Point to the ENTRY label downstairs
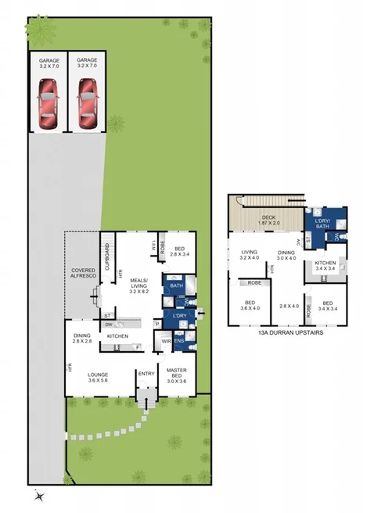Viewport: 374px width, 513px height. point(146,374)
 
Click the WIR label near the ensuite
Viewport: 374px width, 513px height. point(166,342)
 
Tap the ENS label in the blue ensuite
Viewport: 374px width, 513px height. point(179,342)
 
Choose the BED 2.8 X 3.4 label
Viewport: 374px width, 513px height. point(181,252)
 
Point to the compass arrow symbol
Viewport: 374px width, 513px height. point(39,494)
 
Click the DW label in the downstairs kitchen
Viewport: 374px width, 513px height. point(107,324)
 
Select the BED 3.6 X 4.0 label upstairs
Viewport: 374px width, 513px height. point(250,305)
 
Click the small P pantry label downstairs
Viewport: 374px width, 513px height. point(156,323)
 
